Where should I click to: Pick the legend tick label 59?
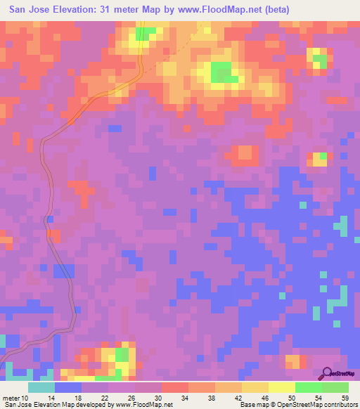click(345, 398)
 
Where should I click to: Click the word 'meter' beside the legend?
click(12, 398)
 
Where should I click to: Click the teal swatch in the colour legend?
click(41, 387)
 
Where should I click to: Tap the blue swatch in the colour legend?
click(68, 387)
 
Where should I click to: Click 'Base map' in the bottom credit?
click(252, 405)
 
